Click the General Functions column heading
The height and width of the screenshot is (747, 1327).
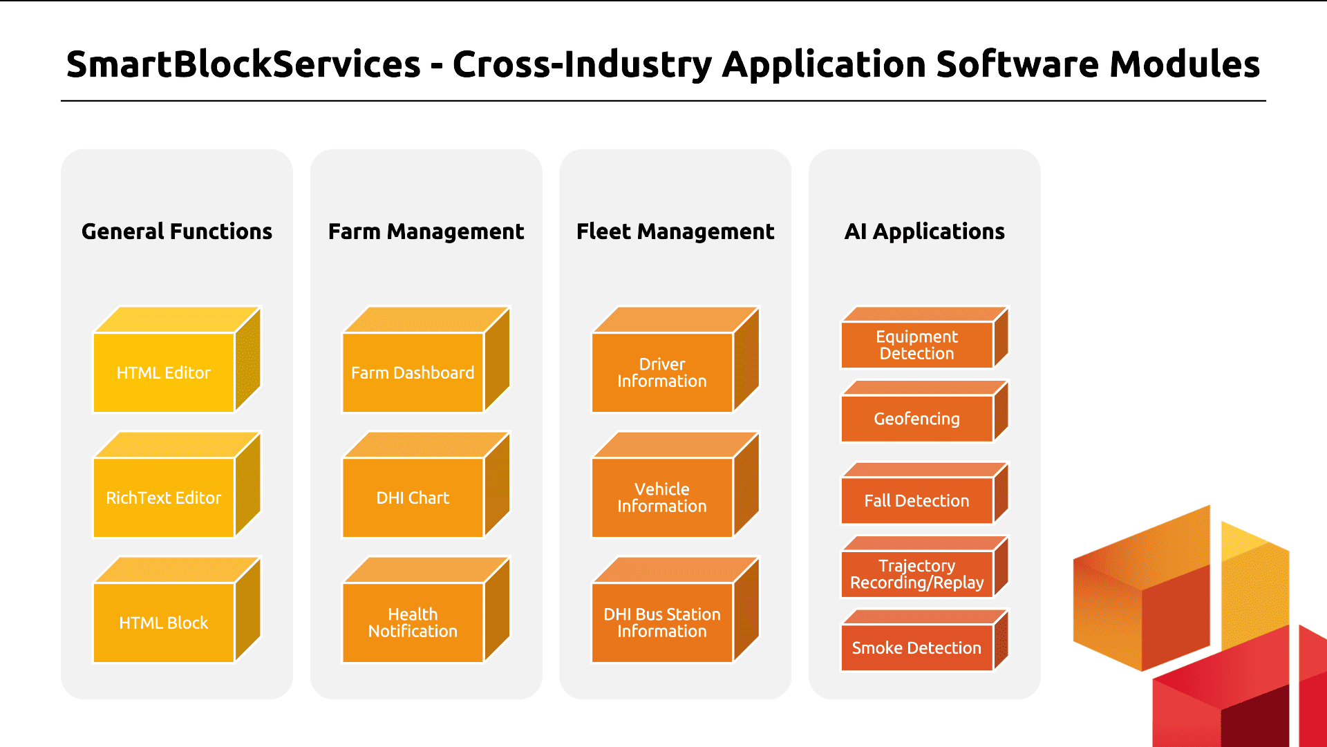pos(177,231)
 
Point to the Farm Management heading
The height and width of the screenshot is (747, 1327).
pos(426,231)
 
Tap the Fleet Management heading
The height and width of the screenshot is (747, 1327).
pos(676,231)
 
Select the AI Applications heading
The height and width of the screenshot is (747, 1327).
pos(925,231)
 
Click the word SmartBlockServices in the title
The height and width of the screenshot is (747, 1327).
pos(244,64)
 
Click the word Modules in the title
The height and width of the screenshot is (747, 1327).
pos(1185,64)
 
